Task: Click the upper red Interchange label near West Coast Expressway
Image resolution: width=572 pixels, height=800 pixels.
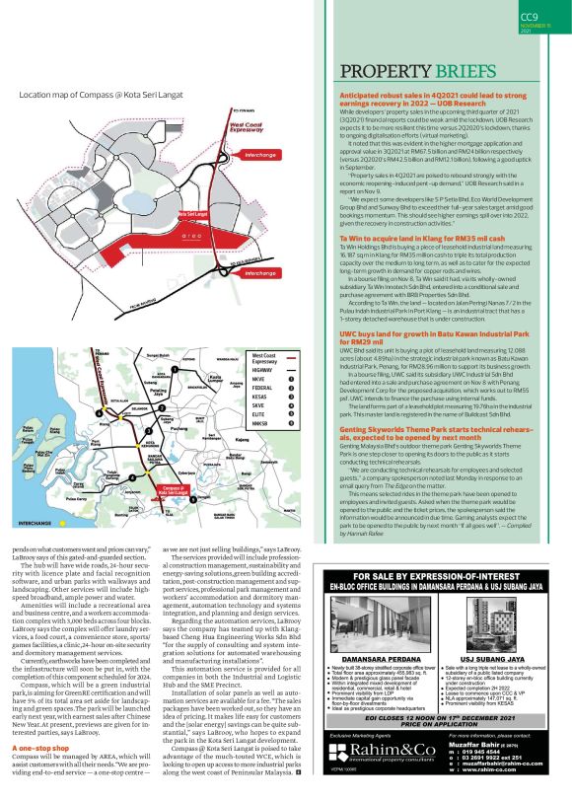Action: (260, 156)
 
